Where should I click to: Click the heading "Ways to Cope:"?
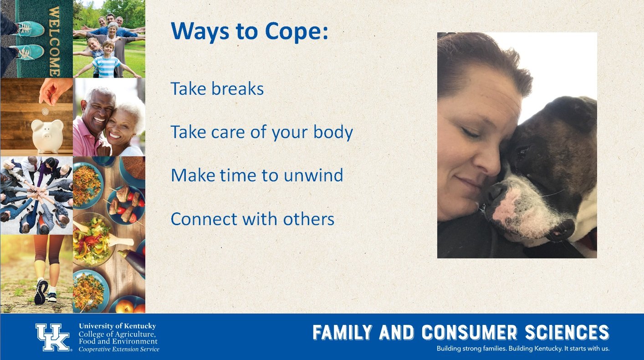click(249, 31)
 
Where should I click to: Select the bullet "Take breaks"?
click(217, 88)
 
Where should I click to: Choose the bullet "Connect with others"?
click(252, 219)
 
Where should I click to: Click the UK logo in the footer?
click(53, 337)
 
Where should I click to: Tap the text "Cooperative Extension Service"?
click(119, 350)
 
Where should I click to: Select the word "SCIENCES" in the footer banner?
click(567, 332)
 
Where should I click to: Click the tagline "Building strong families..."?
click(523, 349)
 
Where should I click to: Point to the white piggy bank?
click(47, 136)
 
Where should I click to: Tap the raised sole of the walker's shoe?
click(41, 292)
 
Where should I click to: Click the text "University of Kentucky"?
click(118, 326)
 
